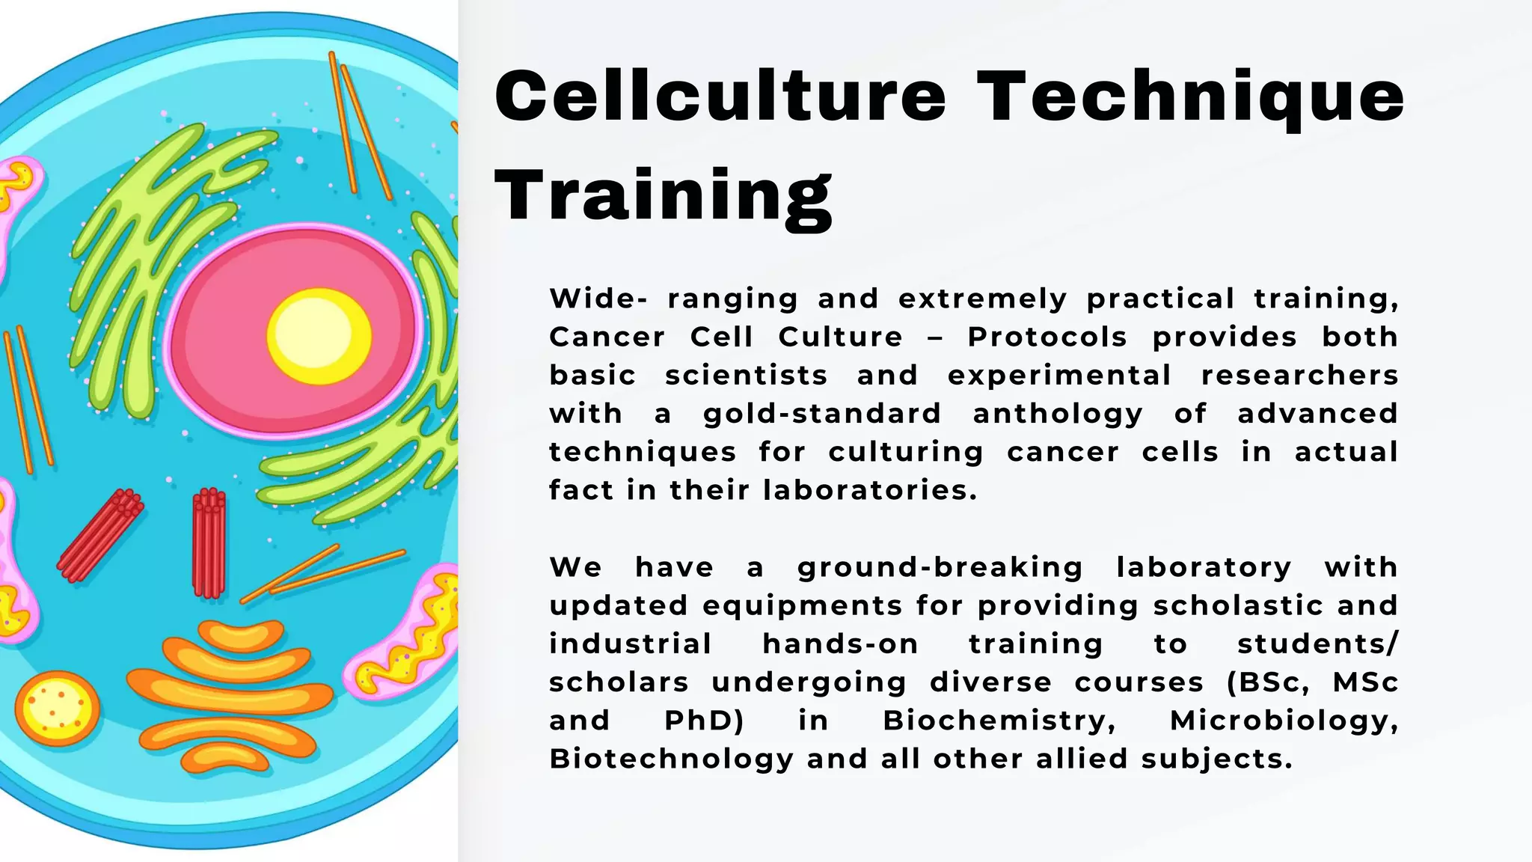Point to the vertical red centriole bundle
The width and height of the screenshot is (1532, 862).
[x=209, y=543]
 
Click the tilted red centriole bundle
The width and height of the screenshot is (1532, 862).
[x=100, y=535]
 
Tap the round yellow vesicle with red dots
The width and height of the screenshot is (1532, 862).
[x=57, y=709]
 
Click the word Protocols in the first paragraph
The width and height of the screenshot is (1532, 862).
[x=1047, y=337]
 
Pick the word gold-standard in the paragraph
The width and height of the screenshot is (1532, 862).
[x=821, y=413]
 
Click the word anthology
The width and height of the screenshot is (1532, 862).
[x=1058, y=413]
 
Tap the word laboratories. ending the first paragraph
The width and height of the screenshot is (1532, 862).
[x=870, y=490]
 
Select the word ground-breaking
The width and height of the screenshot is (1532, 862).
[x=940, y=567]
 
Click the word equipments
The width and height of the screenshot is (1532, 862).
[x=803, y=605]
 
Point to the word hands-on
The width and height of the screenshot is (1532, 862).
[x=840, y=644]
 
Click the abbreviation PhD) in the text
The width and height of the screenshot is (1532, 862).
[x=704, y=721]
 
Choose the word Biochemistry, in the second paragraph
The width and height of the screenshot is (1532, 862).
[x=999, y=721]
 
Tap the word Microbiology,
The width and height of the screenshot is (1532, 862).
[x=1284, y=721]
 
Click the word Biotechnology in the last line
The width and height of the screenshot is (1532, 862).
[x=671, y=759]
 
